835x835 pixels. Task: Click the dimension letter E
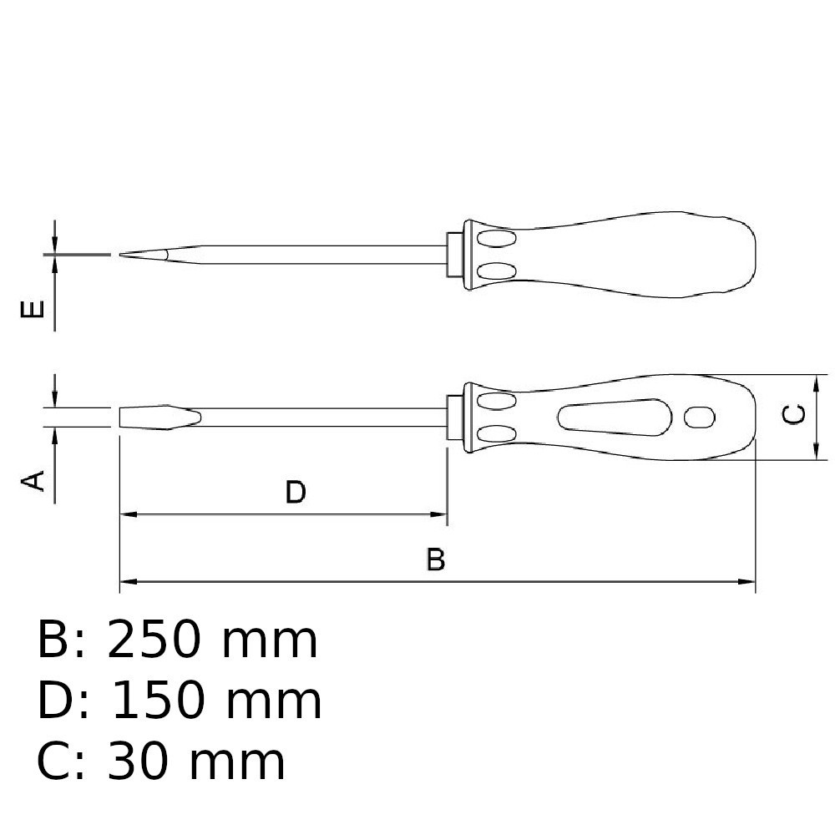[33, 310]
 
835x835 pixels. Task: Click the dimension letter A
[33, 480]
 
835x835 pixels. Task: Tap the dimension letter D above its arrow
[296, 492]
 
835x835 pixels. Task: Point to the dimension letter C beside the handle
[793, 414]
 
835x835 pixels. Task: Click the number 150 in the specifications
[158, 701]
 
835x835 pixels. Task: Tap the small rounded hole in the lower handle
[699, 417]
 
